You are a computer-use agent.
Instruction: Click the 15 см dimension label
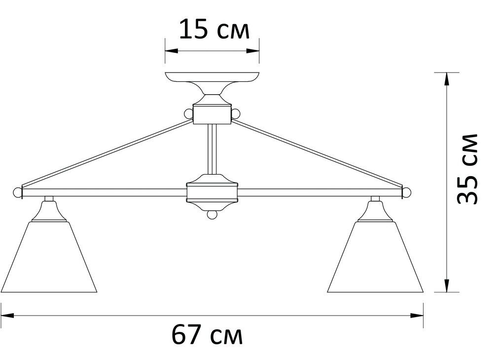coord(213,30)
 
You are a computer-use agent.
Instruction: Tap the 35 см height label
coord(467,168)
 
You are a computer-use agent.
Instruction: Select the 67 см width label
coord(208,336)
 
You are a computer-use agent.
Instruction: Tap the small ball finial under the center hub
coord(212,215)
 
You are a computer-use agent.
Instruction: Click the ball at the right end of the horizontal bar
coord(407,191)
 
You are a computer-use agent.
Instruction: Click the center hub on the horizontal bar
coord(212,192)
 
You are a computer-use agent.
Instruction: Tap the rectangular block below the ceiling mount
coord(212,114)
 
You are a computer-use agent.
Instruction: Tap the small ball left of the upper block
coord(188,114)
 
